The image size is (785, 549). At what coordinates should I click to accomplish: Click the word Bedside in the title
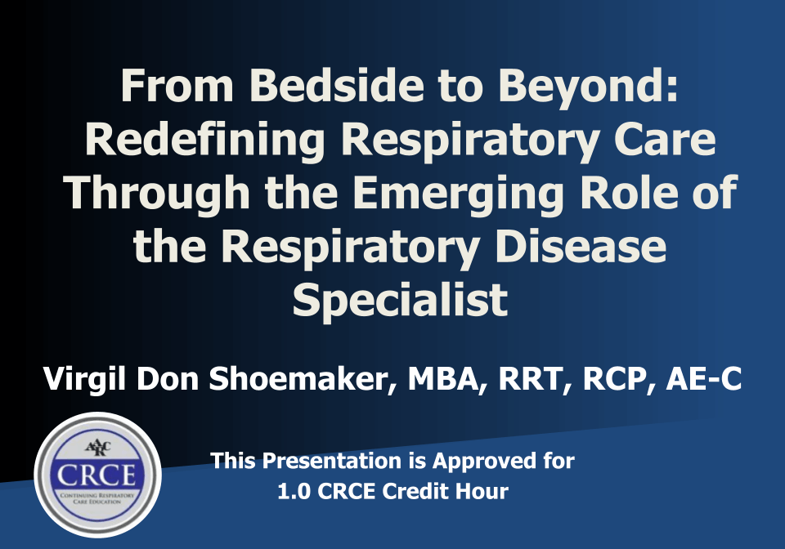(337, 85)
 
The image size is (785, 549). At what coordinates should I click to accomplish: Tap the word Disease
(581, 246)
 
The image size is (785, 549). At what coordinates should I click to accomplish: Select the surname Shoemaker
(298, 378)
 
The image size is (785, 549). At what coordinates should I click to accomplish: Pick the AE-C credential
(704, 378)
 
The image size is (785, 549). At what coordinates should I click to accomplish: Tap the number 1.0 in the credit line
(294, 492)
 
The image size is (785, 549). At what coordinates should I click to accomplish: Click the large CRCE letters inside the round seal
(96, 475)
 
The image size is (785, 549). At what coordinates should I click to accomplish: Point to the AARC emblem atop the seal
(98, 447)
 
